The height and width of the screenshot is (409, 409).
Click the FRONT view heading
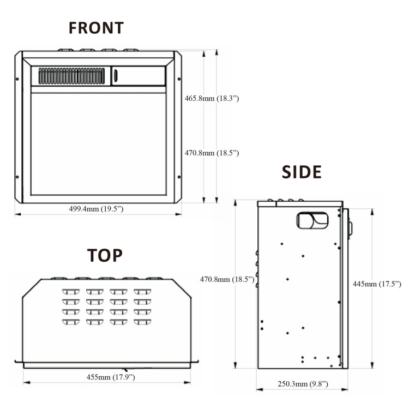point(96,28)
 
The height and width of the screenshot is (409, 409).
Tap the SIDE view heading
point(302,172)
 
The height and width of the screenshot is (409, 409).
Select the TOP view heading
point(105,255)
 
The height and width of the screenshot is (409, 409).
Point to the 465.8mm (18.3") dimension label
point(212,99)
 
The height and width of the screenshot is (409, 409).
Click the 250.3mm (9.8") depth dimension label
point(303,384)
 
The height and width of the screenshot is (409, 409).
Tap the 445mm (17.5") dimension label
point(377,284)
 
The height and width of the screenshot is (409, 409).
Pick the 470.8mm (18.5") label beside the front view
point(212,153)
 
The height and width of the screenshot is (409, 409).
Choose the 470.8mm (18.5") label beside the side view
point(227,279)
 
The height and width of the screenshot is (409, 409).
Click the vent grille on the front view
point(71,76)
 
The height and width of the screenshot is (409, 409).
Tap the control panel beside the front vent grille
point(139,76)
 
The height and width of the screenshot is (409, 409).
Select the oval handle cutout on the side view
point(312,220)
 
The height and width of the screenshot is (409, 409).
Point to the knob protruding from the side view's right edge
point(350,228)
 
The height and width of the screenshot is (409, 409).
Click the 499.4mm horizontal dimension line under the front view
point(55,214)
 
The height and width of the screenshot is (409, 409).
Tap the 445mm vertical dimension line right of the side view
point(372,327)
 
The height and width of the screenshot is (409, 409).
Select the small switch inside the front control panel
point(116,76)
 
